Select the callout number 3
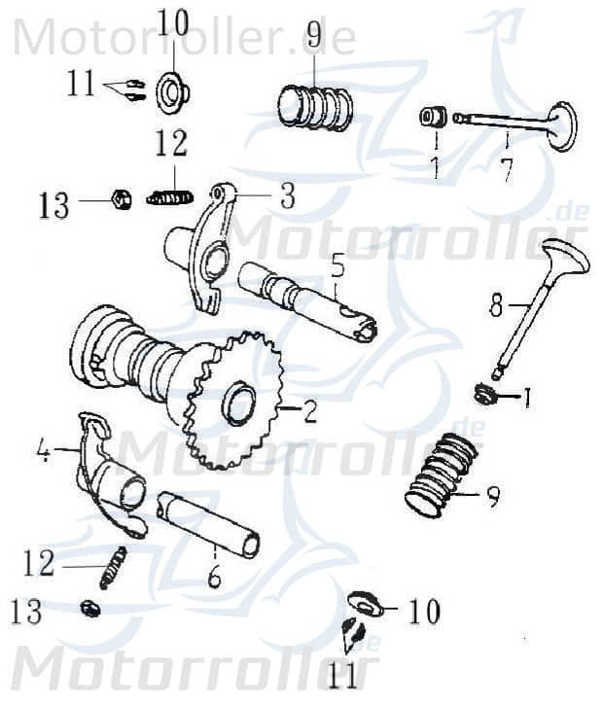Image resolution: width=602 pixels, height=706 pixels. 287,197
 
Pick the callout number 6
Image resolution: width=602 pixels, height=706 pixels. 214,576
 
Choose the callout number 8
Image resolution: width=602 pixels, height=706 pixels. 496,307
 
